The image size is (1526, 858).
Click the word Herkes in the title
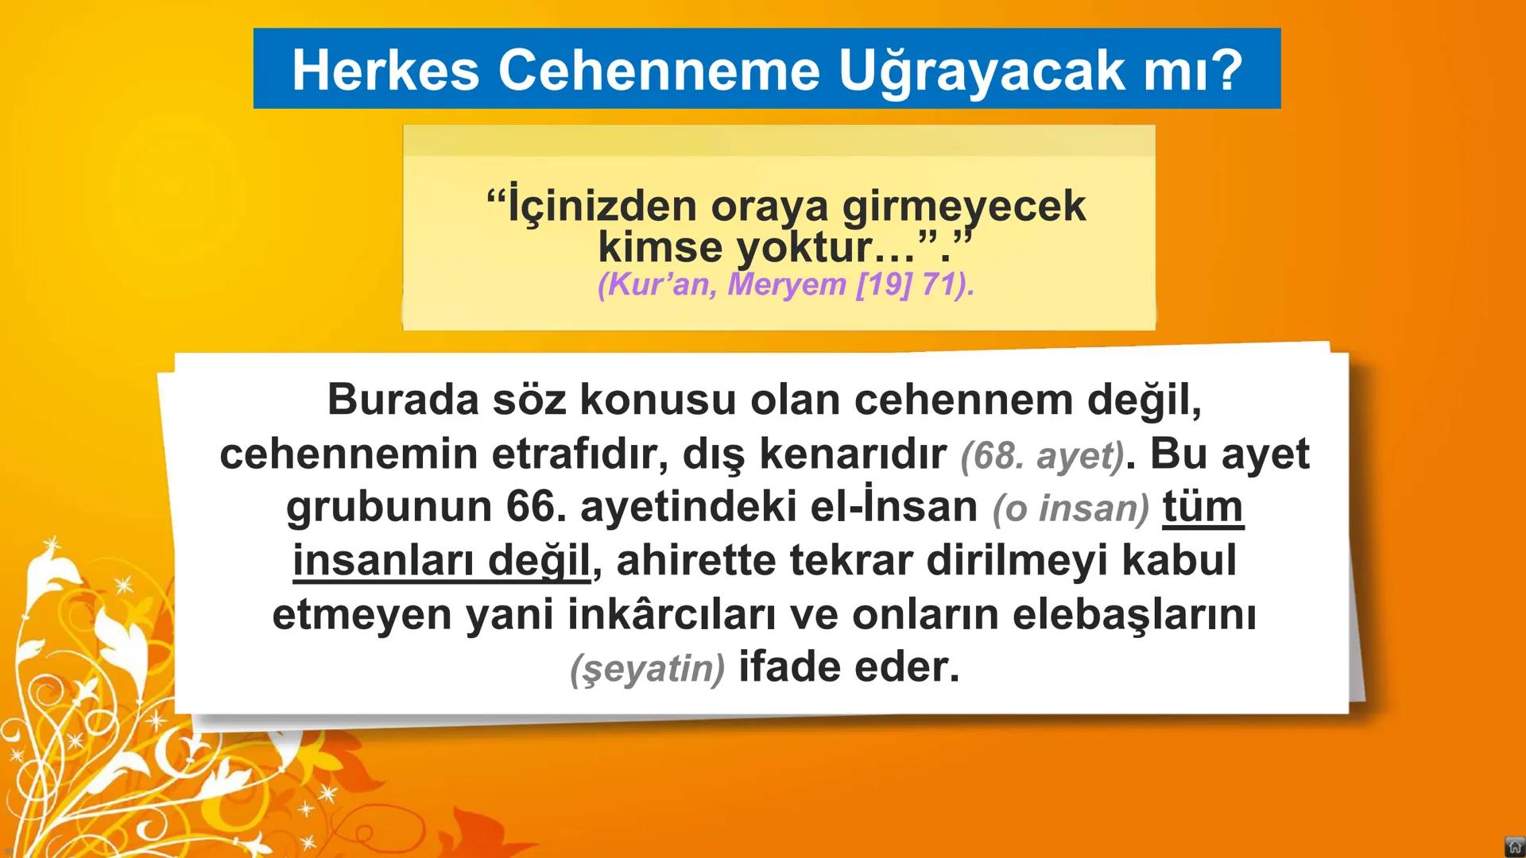point(385,70)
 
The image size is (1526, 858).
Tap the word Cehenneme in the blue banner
point(659,70)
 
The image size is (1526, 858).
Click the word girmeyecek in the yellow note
point(963,206)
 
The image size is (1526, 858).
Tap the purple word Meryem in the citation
point(787,284)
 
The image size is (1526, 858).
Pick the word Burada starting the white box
point(403,399)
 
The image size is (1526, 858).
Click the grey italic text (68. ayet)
point(1042,455)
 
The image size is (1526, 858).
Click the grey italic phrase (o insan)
point(1070,508)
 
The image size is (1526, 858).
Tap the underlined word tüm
point(1203,507)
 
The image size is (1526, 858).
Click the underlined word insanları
point(383,560)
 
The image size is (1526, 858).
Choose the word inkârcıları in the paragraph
point(671,614)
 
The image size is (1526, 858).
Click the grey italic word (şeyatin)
point(647,669)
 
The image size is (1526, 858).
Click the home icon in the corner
point(1514,846)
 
